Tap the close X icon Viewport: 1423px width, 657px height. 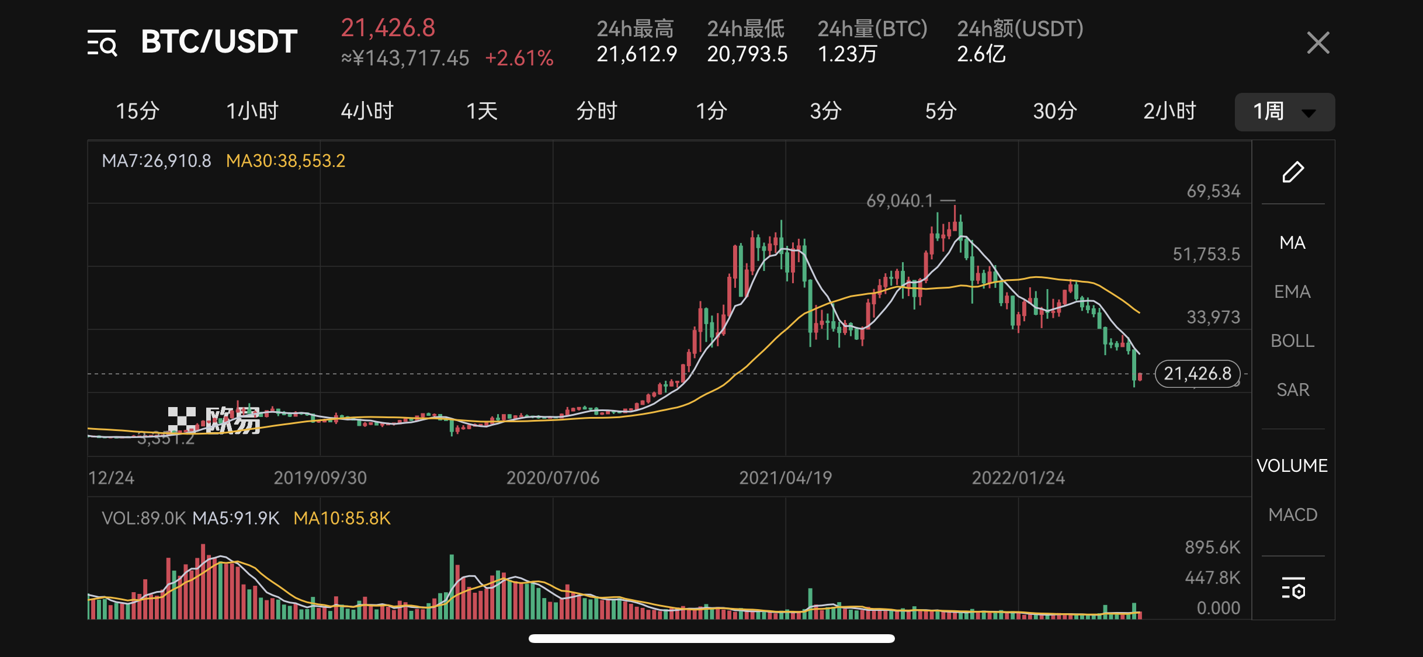point(1318,43)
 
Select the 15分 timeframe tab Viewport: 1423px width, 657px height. point(137,111)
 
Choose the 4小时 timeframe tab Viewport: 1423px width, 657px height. point(367,111)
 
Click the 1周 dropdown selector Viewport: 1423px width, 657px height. point(1285,112)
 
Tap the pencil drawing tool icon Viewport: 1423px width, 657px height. point(1293,172)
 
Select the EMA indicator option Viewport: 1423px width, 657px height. point(1292,291)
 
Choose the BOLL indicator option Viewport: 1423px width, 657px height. point(1292,340)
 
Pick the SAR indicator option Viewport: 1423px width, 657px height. point(1293,390)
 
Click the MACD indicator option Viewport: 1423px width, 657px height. point(1293,515)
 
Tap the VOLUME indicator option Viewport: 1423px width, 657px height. point(1292,465)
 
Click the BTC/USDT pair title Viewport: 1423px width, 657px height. point(219,42)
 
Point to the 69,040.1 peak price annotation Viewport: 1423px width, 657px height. point(900,201)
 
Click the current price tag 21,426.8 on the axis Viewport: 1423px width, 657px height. point(1198,374)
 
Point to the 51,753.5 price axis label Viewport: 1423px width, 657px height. point(1206,254)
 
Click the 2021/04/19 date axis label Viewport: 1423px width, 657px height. point(785,478)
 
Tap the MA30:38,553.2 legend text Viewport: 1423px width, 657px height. point(286,161)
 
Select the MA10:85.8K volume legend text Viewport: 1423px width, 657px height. point(342,518)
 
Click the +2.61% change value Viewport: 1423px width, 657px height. point(519,58)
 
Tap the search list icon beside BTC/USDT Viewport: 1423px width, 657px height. point(102,43)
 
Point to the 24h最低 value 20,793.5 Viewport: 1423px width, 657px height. point(747,54)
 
